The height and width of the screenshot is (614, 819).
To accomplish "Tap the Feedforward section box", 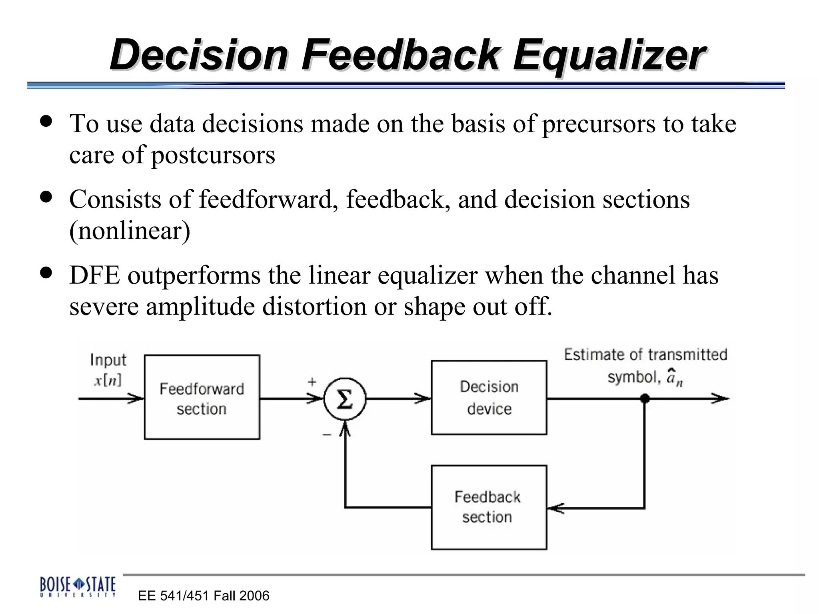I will tap(202, 397).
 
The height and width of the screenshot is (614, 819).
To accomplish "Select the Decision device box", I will tap(489, 397).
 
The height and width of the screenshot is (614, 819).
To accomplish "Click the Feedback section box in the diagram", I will tap(489, 507).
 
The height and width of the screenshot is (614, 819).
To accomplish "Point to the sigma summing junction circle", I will tap(345, 399).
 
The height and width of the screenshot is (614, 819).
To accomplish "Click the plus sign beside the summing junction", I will tap(312, 382).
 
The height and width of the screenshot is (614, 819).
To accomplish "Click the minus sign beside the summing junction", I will tap(327, 435).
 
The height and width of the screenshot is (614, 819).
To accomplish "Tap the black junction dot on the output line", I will tap(645, 398).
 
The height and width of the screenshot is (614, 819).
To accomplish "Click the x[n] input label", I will tap(108, 380).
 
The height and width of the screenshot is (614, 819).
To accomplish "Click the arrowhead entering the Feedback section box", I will tap(555, 508).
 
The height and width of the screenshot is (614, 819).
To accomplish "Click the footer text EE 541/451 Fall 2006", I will tap(204, 596).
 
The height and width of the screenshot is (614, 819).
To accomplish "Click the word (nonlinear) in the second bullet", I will tap(130, 231).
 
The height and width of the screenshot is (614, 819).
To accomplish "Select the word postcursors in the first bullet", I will tap(213, 155).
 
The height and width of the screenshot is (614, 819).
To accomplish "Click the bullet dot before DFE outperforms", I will tap(46, 273).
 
